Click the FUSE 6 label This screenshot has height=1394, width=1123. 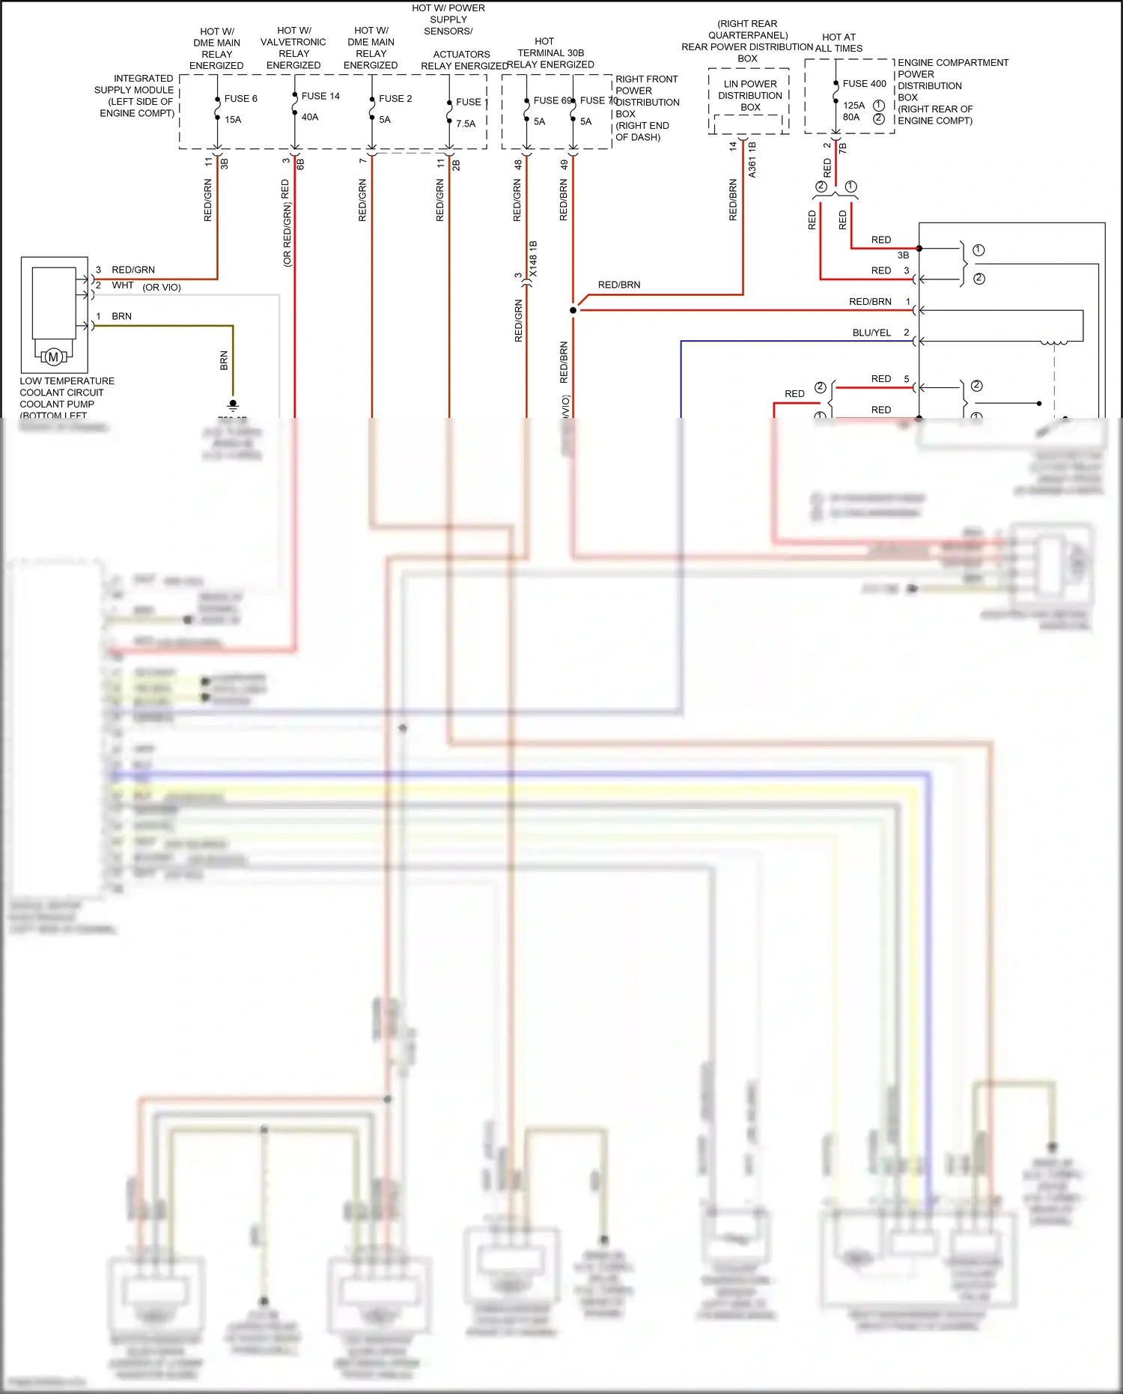click(240, 99)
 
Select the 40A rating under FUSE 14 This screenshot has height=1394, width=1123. click(310, 117)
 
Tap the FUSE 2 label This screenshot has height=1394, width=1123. click(395, 99)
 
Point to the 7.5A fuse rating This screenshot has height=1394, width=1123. click(466, 124)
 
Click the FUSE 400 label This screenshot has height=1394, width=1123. click(864, 84)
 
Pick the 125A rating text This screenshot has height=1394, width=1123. click(853, 106)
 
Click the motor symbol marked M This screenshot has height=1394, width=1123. click(53, 357)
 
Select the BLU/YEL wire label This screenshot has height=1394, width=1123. click(871, 333)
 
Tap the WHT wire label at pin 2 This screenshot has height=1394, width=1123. click(123, 285)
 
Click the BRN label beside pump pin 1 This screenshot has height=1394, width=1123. click(121, 316)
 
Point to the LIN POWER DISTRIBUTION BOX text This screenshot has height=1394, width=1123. click(750, 95)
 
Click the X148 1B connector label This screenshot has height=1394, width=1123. click(533, 259)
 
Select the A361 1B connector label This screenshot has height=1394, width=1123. click(752, 160)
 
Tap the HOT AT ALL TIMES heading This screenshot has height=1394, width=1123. click(839, 43)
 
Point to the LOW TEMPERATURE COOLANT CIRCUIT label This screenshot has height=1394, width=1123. click(67, 393)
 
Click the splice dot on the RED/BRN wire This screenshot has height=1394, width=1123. click(573, 310)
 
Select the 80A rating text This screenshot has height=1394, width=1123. click(851, 117)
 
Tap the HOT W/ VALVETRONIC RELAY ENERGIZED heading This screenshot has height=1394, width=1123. click(293, 48)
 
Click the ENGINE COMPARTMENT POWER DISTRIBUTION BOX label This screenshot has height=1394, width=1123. click(952, 91)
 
